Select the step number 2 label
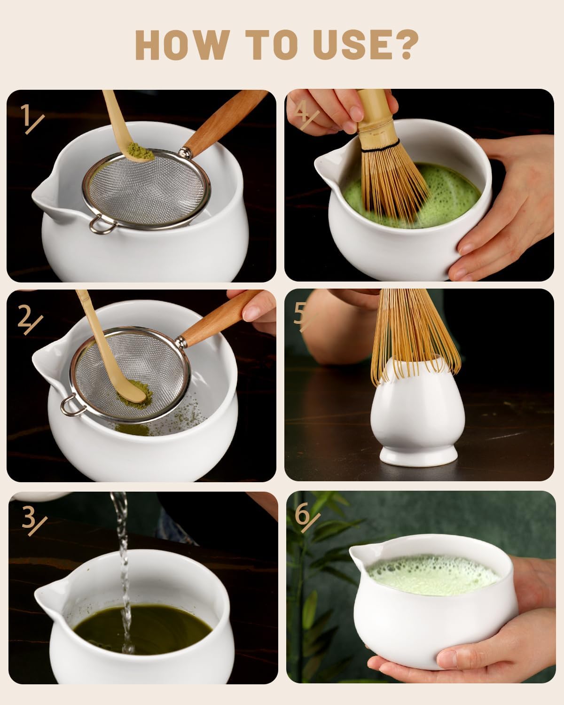[x=29, y=319]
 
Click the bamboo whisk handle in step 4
[x=374, y=110]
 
